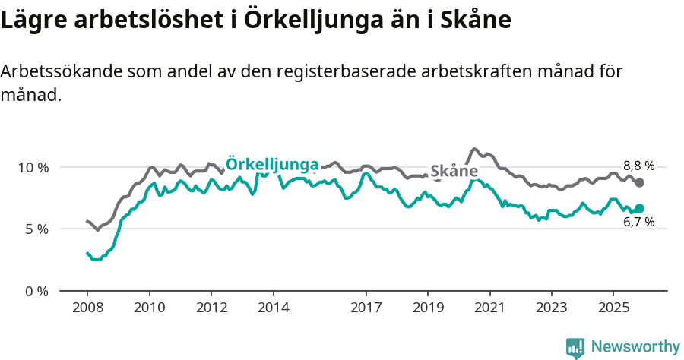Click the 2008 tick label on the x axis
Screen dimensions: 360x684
point(87,308)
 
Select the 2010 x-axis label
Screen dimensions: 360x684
point(149,308)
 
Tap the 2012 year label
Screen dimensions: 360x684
point(211,308)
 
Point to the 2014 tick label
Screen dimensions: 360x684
point(273,308)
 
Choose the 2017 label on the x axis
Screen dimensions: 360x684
point(366,308)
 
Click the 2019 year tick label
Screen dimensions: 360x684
point(428,308)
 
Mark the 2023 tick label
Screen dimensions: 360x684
point(552,308)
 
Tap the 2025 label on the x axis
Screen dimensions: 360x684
point(613,308)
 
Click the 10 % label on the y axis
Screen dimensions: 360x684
point(34,167)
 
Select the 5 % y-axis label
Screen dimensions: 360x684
point(37,229)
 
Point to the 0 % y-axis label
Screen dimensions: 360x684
point(37,291)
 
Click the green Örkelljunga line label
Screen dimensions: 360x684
point(272,164)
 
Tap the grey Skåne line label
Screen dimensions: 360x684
point(454,172)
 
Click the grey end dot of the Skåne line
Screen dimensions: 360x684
point(640,182)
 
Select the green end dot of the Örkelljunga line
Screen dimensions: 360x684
point(640,208)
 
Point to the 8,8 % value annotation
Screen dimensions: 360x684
point(638,166)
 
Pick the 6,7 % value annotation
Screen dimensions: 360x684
point(638,223)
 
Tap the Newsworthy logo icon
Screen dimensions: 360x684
point(575,347)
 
